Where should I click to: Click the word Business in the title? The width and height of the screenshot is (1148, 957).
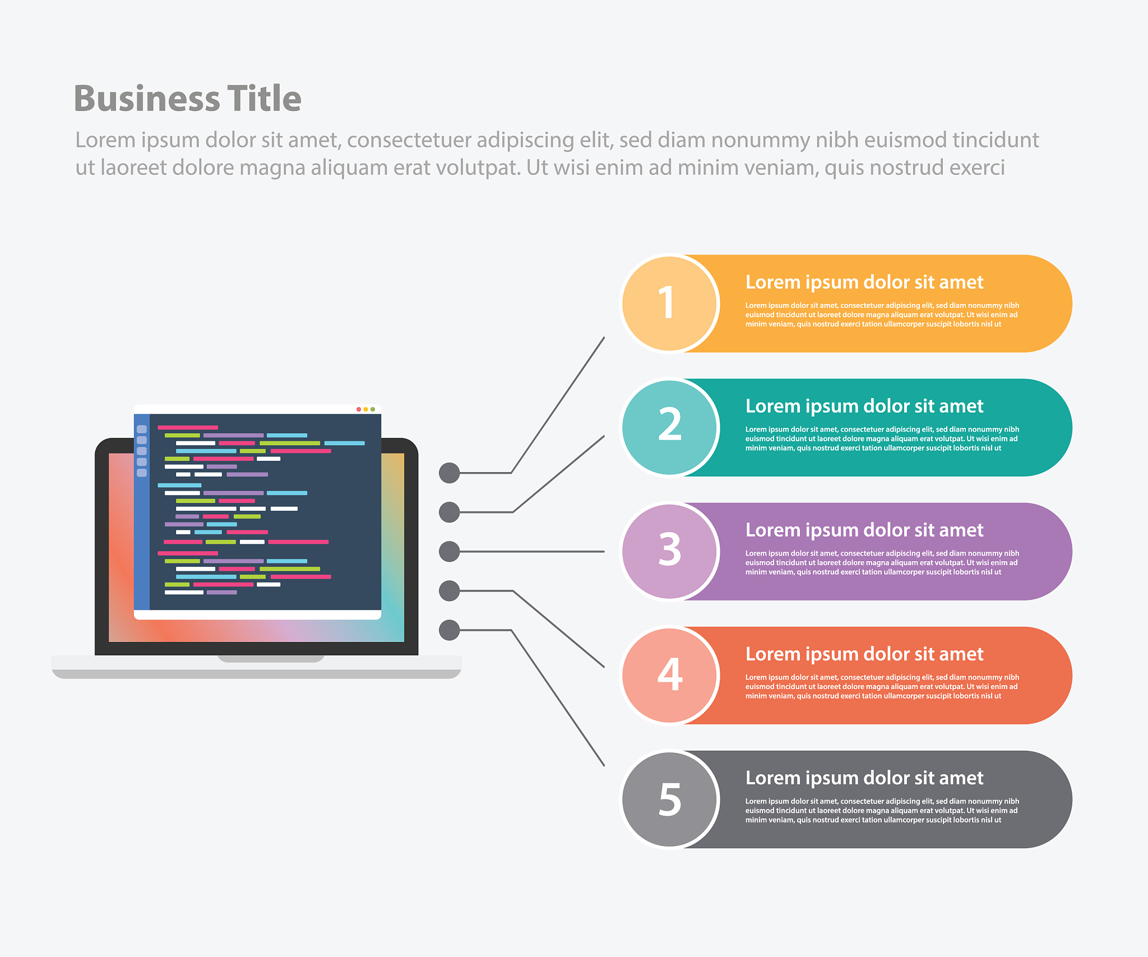(147, 99)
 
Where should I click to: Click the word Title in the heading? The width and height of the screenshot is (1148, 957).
(264, 98)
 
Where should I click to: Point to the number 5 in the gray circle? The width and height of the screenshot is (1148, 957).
(670, 798)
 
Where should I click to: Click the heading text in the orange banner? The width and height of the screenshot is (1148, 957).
(864, 283)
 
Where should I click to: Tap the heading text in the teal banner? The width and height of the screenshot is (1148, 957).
(864, 406)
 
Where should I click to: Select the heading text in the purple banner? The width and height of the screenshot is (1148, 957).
(864, 530)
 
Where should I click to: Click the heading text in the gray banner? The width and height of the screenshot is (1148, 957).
(864, 778)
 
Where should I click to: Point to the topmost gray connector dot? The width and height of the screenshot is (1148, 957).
(449, 473)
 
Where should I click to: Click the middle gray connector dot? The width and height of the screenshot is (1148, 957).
(449, 551)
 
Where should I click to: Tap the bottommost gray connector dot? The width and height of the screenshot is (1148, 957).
(449, 630)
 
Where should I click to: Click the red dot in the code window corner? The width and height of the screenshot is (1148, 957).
(359, 409)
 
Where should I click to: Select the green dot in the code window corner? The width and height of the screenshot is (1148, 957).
(373, 409)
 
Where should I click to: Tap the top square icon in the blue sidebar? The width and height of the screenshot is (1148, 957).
(142, 429)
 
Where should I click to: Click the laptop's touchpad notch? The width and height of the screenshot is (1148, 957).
(271, 659)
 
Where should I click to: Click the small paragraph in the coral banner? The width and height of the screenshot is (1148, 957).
(882, 687)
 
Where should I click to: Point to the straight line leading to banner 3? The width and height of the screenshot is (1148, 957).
(532, 551)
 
